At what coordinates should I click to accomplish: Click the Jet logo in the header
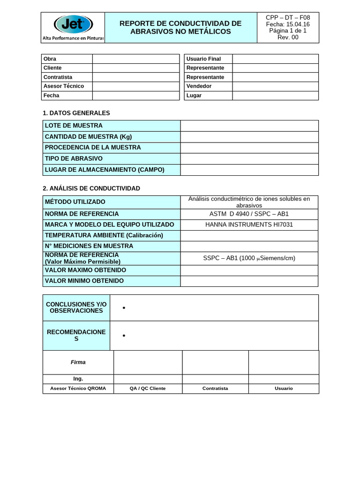73,24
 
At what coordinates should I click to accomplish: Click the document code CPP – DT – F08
288,17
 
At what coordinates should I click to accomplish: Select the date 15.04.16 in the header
297,24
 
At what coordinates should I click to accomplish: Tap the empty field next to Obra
135,59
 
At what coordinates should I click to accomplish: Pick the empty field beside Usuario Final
275,59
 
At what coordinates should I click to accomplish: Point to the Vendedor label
199,86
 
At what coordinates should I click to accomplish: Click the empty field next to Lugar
275,96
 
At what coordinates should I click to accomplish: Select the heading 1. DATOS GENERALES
76,113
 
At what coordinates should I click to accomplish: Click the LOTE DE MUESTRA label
74,126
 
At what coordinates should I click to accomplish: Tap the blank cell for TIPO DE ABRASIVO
249,158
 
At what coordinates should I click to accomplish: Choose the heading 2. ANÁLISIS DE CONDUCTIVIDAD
91,188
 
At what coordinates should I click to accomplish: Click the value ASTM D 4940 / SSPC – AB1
249,214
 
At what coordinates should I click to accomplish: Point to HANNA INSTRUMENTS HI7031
249,225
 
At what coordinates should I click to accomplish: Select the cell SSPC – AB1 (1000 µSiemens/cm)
249,258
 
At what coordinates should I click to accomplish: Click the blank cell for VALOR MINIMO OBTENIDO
249,281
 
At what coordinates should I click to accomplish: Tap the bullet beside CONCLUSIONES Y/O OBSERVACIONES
124,308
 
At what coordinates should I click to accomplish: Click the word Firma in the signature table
78,362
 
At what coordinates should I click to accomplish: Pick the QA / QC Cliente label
148,389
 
